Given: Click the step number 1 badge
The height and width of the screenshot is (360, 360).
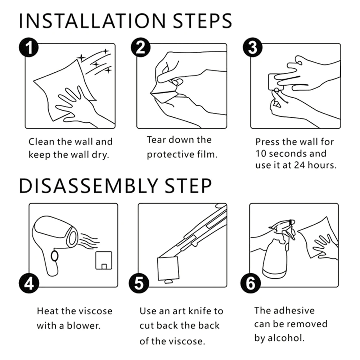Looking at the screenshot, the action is pos(29,48).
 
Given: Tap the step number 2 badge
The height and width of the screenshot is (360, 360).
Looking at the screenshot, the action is pos(141,48).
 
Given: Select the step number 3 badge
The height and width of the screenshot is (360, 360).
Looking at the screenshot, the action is pos(253,48).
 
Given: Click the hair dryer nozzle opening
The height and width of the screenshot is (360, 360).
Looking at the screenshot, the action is pos(73,238).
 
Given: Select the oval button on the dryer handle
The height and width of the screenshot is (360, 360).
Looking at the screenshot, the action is pos(55,256).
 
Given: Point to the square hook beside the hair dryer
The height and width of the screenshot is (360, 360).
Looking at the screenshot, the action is pos(104,260).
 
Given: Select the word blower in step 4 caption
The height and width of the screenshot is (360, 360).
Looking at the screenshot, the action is pos(84,325).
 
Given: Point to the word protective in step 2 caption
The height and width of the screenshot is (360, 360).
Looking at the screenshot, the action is pos(170,155).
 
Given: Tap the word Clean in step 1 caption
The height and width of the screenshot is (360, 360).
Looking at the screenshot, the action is pos(41,141).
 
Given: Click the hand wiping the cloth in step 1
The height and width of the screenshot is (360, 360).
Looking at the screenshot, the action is pos(73,105).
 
